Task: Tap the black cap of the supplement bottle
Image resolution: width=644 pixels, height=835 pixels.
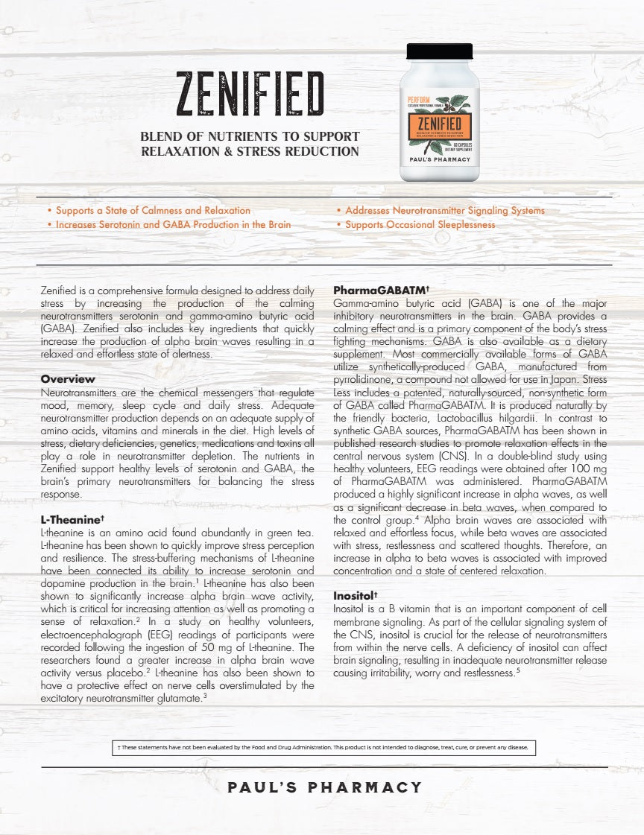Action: [x=439, y=51]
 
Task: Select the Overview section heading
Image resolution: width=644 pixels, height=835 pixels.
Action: [x=68, y=379]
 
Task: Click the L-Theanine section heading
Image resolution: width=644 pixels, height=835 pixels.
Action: [x=72, y=520]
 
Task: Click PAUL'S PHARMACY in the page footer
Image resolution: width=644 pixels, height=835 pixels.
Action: [x=325, y=787]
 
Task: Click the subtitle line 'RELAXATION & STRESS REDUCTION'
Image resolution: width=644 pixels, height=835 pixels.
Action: [x=250, y=152]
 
